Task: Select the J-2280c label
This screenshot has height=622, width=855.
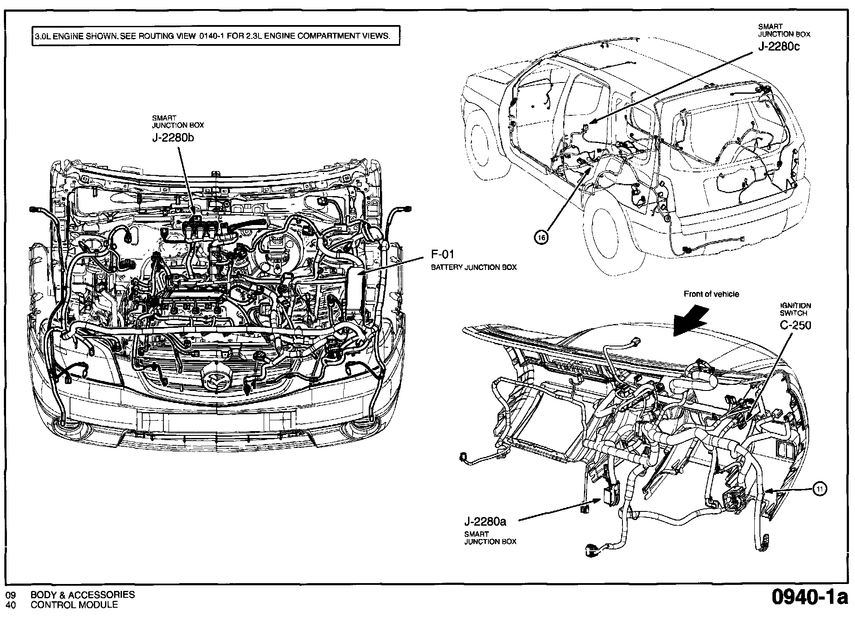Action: (x=779, y=46)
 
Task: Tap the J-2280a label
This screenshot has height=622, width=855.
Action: (x=485, y=522)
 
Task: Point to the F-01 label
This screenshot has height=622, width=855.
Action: (x=443, y=254)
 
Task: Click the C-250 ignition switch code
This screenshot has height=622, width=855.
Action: (x=795, y=325)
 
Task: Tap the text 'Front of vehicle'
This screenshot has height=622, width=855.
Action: (x=711, y=294)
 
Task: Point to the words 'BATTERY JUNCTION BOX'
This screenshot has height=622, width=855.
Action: (x=474, y=267)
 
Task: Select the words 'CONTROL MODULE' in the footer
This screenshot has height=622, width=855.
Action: (x=74, y=605)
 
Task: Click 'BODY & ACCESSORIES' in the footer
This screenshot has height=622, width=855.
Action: (x=83, y=595)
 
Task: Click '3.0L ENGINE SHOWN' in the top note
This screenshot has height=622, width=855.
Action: (x=76, y=36)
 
